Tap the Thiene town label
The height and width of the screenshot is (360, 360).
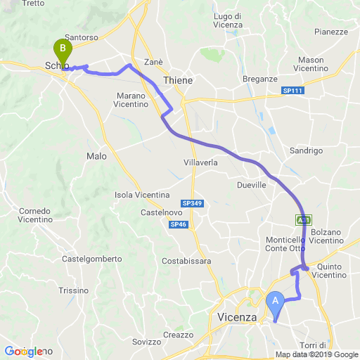pos(177,81)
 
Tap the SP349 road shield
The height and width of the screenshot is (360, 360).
pos(191,203)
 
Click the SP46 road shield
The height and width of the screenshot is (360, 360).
pos(178,224)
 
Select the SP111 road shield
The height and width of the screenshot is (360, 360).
pos(292,91)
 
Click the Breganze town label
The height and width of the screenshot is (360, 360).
pos(260,79)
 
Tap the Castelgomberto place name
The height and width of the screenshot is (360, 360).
pos(92,259)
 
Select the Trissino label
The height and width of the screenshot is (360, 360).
pos(73,290)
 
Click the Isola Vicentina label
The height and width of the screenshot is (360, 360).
pos(142,194)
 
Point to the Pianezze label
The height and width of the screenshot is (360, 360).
pos(331,32)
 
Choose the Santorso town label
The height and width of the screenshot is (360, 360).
pos(80,37)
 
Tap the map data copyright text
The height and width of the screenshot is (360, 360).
pos(316,354)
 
